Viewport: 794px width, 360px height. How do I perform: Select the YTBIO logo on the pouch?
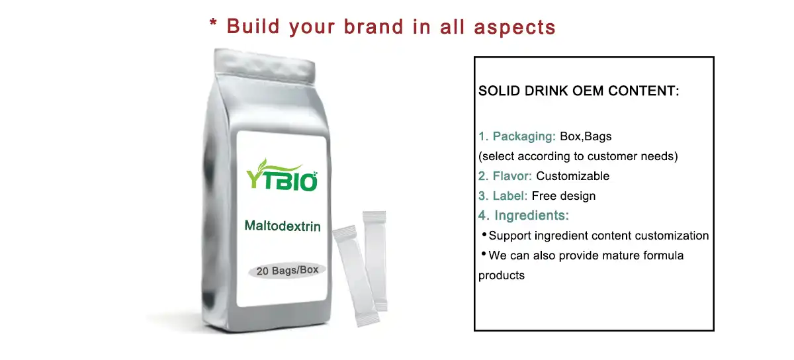coord(282,175)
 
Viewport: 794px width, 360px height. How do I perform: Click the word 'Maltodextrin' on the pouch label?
coord(283,226)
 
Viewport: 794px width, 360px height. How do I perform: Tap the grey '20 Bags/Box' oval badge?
coord(287,270)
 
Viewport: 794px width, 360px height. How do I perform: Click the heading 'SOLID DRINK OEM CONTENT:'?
coord(579,91)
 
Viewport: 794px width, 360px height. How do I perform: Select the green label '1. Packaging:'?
coord(517,136)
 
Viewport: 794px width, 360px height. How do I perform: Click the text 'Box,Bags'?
coord(586,136)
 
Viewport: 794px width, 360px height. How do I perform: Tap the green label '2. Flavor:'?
coord(506,176)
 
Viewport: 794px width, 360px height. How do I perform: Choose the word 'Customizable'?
coord(572,176)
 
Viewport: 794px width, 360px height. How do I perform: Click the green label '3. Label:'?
coord(503,196)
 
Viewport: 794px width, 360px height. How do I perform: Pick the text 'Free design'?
coord(564,196)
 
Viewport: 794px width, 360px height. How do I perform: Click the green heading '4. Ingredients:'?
coord(523,215)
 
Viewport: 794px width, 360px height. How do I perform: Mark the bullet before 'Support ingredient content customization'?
coord(484,235)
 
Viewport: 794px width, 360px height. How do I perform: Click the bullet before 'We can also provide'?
coord(484,254)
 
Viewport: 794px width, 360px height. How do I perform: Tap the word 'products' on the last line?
coord(502,275)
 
